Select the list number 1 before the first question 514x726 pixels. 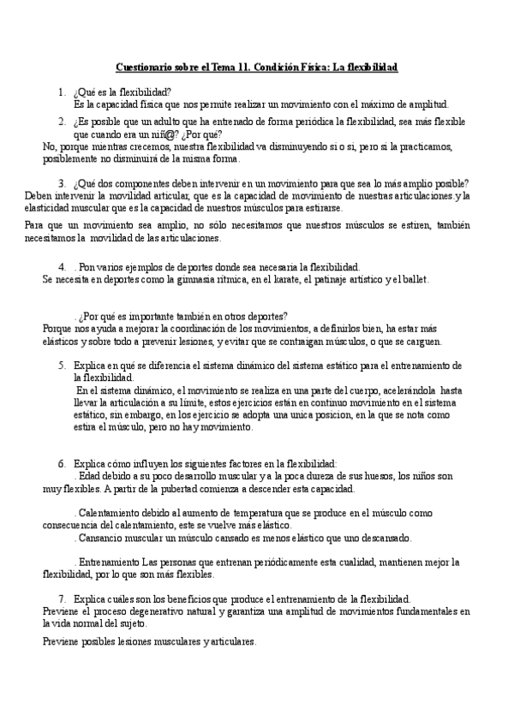61,92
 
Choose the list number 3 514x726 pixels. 63,182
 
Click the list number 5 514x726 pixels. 63,365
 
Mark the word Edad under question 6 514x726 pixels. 91,475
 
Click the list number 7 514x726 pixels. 63,598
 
